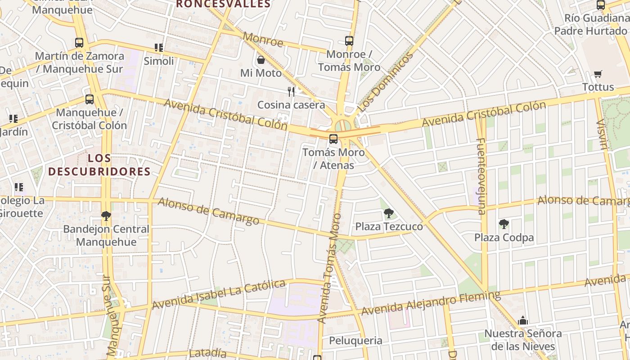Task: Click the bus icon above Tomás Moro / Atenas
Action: click(333, 139)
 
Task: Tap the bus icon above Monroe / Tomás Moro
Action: click(349, 41)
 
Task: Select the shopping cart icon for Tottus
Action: click(598, 74)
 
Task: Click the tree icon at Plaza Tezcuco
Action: click(388, 213)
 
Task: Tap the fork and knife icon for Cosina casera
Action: click(291, 92)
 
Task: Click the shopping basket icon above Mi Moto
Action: click(261, 60)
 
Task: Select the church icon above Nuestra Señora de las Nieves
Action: click(523, 321)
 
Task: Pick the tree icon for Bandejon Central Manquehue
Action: click(106, 216)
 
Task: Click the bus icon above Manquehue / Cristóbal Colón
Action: click(90, 99)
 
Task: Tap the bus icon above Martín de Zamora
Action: click(79, 43)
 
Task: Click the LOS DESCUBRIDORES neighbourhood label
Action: click(99, 165)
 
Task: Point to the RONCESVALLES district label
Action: click(223, 4)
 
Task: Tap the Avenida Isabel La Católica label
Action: click(219, 294)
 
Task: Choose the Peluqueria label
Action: click(355, 341)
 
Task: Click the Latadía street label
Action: click(207, 353)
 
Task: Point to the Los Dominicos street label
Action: click(384, 82)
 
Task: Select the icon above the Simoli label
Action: click(158, 48)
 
